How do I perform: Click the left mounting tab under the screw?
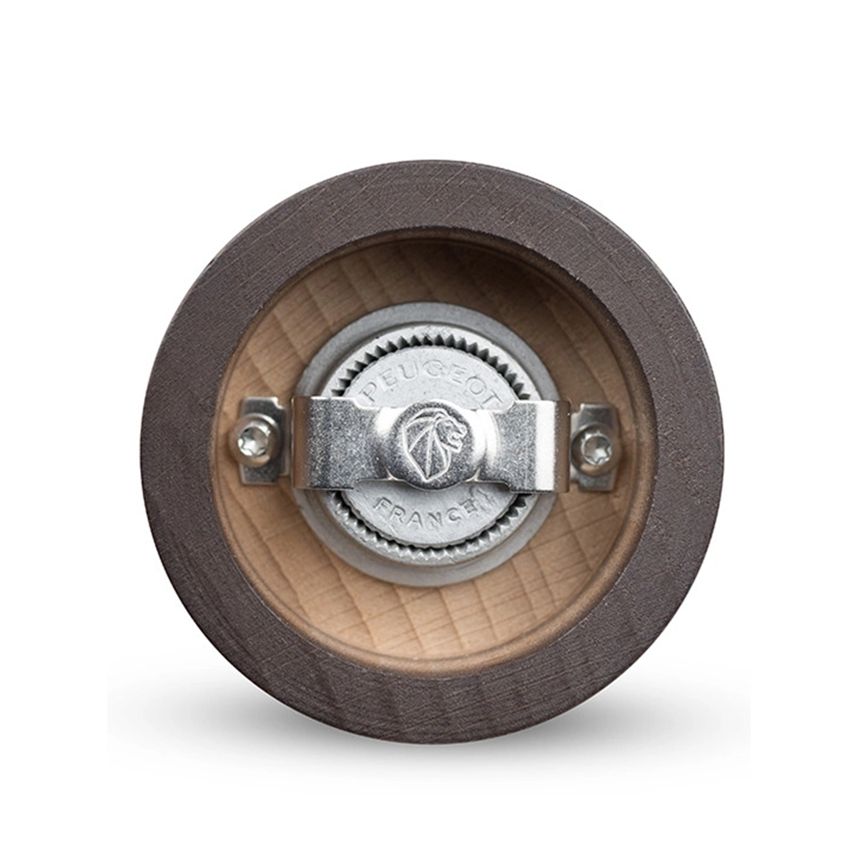tap(262, 440)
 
